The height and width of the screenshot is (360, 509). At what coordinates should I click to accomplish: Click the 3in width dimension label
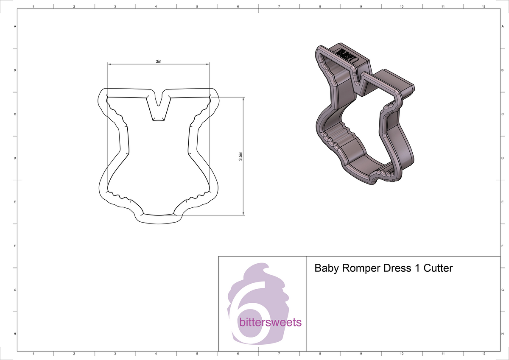click(x=158, y=61)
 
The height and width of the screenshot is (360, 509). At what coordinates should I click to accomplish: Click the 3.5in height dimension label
click(x=241, y=156)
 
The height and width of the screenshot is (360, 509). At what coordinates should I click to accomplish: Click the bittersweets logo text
click(x=270, y=323)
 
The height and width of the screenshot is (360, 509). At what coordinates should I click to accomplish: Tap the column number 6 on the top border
click(x=238, y=7)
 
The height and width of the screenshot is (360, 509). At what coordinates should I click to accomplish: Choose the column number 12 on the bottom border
click(x=484, y=353)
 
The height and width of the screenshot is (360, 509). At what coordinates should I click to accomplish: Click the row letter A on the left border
click(x=15, y=26)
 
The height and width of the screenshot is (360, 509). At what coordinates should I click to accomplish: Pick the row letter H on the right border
click(x=502, y=334)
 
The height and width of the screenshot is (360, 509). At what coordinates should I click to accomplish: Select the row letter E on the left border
click(x=15, y=202)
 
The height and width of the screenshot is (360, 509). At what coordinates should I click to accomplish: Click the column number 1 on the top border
click(x=33, y=7)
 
